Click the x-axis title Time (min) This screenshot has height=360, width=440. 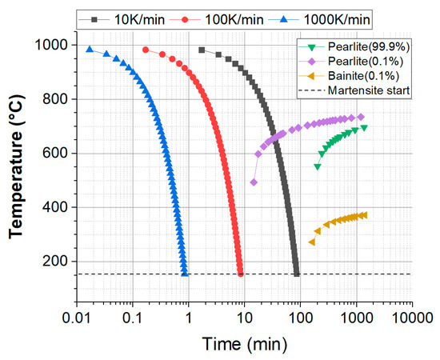point(244,346)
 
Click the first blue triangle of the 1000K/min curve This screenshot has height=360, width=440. point(90,49)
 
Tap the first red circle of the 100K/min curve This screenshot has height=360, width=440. point(146,50)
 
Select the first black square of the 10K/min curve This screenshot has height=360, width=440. point(202,50)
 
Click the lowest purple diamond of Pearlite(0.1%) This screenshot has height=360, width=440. point(254,182)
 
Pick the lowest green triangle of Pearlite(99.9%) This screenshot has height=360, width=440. point(318,166)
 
